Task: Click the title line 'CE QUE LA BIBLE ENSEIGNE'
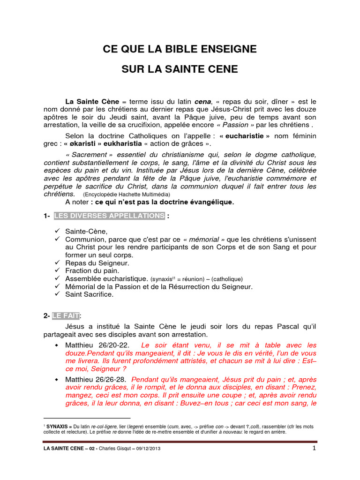click(x=180, y=49)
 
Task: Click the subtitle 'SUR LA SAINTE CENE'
click(x=180, y=70)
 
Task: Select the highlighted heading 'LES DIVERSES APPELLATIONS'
click(x=109, y=216)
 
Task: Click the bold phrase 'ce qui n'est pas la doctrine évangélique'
click(x=162, y=202)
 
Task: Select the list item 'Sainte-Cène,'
click(x=86, y=231)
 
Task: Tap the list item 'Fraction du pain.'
click(x=92, y=271)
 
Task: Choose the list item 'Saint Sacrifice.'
click(x=90, y=294)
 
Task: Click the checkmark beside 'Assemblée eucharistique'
click(x=58, y=278)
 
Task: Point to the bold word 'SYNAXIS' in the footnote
click(x=60, y=427)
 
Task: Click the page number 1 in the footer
click(x=315, y=448)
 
